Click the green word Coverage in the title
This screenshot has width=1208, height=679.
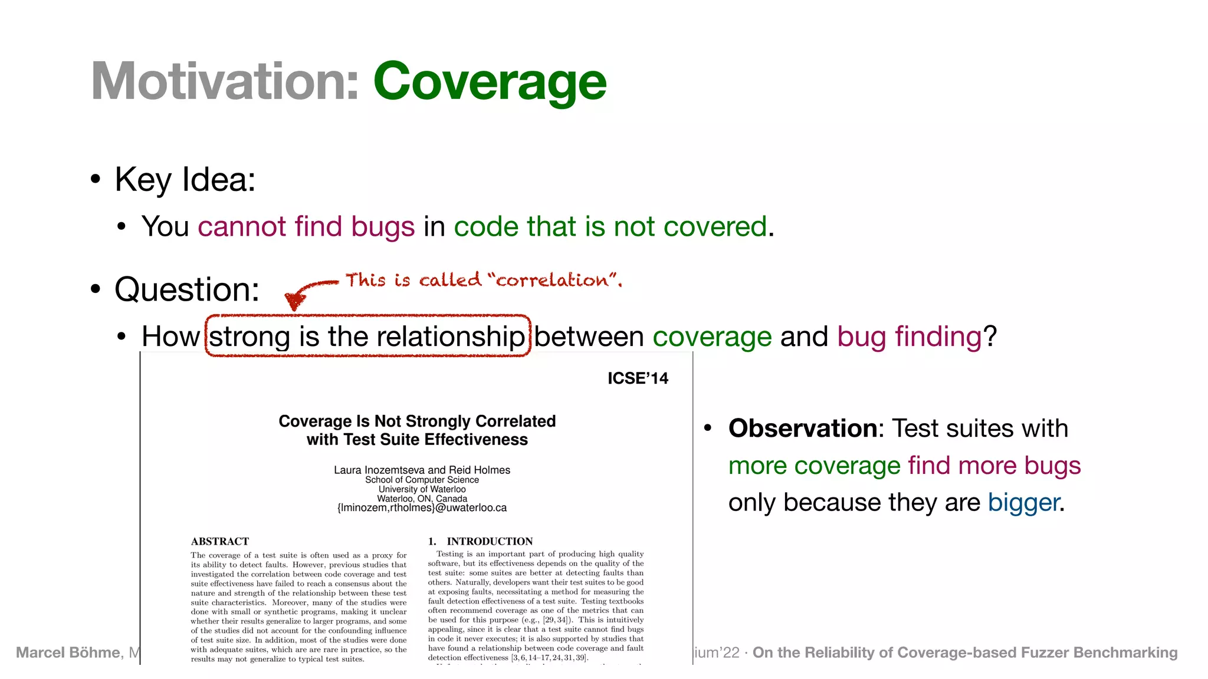click(x=489, y=82)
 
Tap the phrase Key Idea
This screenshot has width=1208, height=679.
click(x=185, y=179)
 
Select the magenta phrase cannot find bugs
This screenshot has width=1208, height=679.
click(x=306, y=226)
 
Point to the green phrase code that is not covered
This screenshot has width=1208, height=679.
click(x=610, y=226)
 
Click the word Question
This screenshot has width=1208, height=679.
click(x=186, y=289)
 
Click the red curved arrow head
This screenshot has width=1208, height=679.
click(x=294, y=301)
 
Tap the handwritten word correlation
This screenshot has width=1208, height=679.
click(x=552, y=280)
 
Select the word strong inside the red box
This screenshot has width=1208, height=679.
click(x=250, y=337)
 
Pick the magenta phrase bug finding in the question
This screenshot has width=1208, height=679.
click(x=909, y=337)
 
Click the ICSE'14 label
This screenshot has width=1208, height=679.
click(x=638, y=378)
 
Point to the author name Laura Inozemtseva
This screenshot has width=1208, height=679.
click(x=379, y=470)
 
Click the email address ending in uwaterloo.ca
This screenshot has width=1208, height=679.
click(x=422, y=507)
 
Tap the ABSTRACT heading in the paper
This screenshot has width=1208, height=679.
click(x=219, y=541)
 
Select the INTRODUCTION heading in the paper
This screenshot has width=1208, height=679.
click(x=489, y=541)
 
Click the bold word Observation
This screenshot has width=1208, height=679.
click(x=803, y=429)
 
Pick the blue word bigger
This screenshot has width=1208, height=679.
click(x=1023, y=503)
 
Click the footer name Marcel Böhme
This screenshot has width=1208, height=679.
click(x=68, y=652)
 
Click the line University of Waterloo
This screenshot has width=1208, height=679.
click(x=422, y=489)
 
